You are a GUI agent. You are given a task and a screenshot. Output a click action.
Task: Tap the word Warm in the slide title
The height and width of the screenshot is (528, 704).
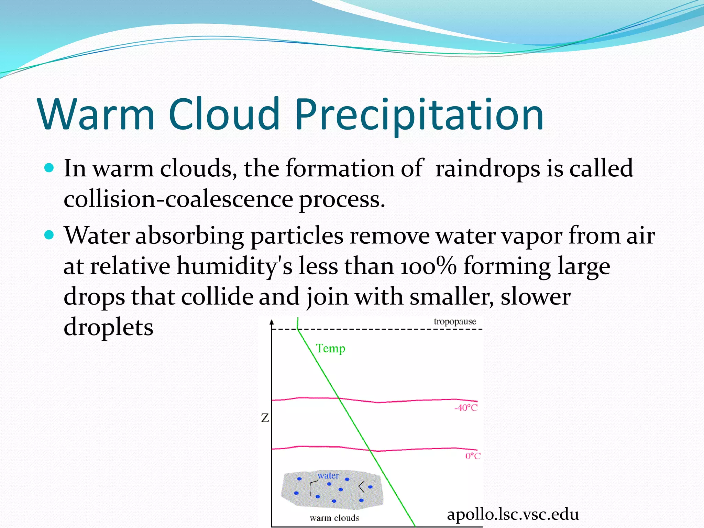click(96, 115)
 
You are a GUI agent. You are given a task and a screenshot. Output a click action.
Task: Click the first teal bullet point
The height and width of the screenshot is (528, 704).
click(49, 168)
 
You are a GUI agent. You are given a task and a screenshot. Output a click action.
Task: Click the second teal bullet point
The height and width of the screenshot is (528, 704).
click(49, 235)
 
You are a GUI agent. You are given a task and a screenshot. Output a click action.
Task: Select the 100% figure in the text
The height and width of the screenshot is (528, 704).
click(428, 267)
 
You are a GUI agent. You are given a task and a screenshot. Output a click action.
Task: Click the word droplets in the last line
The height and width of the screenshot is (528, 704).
click(108, 327)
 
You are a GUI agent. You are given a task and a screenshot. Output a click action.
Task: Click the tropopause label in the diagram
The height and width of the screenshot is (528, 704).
click(454, 321)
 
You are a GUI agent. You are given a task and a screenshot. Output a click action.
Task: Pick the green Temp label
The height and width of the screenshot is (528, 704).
click(330, 349)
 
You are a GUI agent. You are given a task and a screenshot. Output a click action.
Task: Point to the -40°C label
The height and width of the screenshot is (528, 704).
click(466, 408)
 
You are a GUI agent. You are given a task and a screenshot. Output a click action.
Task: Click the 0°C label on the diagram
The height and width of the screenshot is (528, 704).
click(473, 456)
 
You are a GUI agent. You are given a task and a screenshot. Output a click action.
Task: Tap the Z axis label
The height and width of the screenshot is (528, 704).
click(265, 418)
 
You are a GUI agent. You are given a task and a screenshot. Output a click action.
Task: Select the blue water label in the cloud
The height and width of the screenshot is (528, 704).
click(328, 476)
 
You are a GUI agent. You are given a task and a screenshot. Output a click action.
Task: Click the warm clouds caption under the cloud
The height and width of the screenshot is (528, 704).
click(334, 518)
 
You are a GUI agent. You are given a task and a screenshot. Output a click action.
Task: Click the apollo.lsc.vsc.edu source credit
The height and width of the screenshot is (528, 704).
click(513, 515)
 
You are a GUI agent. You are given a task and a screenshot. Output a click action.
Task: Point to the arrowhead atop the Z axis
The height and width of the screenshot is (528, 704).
click(272, 322)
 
